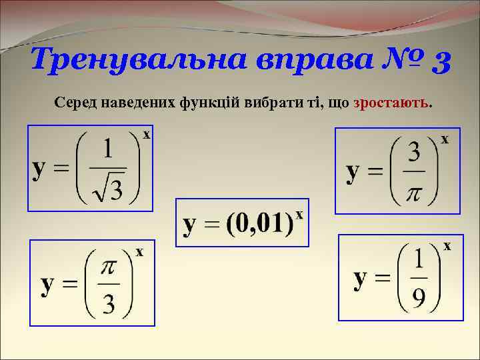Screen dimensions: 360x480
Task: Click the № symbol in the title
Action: [389, 61]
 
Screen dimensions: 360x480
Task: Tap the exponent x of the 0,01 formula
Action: [300, 215]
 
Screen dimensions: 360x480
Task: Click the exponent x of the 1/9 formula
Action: [447, 247]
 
